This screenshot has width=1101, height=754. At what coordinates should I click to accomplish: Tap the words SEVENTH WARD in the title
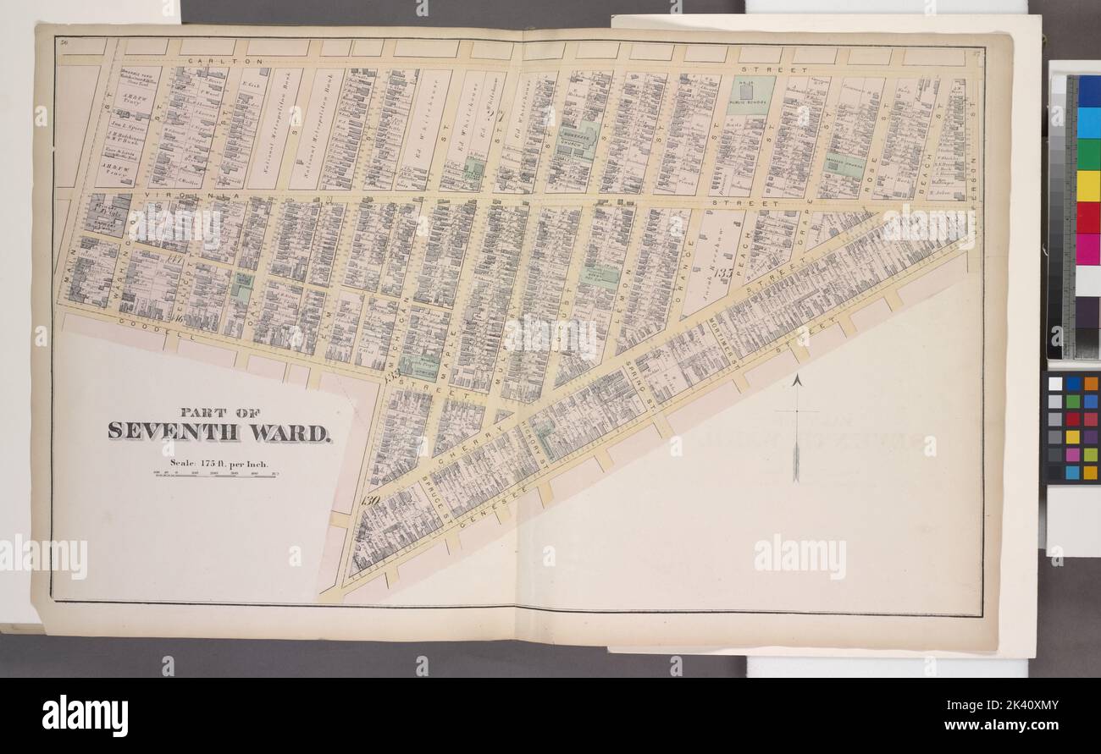click(219, 432)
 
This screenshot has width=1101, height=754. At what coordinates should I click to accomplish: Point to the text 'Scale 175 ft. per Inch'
click(217, 462)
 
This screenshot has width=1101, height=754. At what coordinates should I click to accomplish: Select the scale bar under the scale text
click(217, 474)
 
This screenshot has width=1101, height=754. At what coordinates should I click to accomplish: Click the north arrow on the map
click(795, 427)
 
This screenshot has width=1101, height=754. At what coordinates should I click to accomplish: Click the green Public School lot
click(750, 95)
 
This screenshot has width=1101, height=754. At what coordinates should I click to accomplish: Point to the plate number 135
click(722, 273)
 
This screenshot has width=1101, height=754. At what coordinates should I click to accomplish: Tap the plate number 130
click(368, 499)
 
